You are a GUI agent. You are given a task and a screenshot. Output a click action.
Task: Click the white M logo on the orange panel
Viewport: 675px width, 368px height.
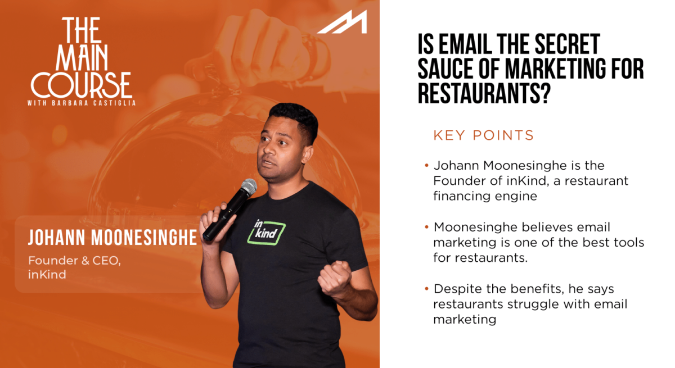(x=344, y=22)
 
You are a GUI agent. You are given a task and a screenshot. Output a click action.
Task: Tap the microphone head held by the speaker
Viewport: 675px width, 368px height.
(x=249, y=187)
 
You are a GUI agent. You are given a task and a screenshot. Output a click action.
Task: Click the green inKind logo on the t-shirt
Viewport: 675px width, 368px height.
(x=267, y=232)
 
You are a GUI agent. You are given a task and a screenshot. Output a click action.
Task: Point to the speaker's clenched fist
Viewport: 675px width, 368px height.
(x=335, y=278)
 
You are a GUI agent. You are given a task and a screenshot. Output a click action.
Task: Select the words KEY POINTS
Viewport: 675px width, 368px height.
(x=484, y=135)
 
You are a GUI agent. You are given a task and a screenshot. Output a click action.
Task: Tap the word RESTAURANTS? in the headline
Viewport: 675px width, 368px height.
(x=484, y=94)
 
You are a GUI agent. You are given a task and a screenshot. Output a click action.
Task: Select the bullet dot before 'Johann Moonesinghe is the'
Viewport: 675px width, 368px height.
(x=426, y=165)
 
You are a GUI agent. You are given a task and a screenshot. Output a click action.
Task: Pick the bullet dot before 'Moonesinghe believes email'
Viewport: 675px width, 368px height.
(x=426, y=227)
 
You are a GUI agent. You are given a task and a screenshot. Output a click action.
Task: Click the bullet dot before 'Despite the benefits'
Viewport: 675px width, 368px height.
(x=426, y=289)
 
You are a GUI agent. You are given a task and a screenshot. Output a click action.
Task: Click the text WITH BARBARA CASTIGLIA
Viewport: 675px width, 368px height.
(x=82, y=103)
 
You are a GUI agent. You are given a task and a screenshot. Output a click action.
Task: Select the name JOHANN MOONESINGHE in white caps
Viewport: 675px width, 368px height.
(x=112, y=238)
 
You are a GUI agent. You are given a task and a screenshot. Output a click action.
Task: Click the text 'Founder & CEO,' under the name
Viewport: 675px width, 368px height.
(x=74, y=261)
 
